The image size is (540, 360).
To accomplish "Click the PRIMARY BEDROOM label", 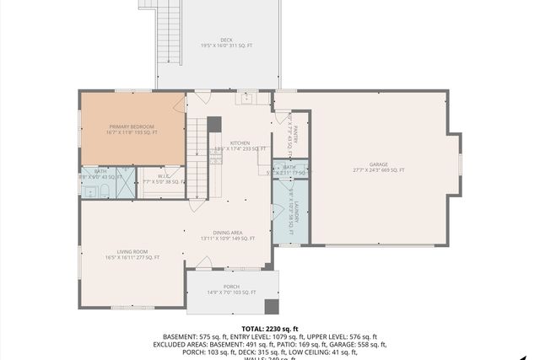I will pyautogui.click(x=131, y=126).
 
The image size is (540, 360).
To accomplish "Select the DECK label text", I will pyautogui.click(x=226, y=40).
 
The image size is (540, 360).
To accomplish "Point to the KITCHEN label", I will pyautogui.click(x=240, y=143).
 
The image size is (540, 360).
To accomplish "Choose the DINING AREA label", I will pyautogui.click(x=228, y=233).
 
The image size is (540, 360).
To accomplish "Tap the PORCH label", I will pyautogui.click(x=231, y=287).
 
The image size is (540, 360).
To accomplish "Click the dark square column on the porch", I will pyautogui.click(x=271, y=307).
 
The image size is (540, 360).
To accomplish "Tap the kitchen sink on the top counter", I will pyautogui.click(x=247, y=99).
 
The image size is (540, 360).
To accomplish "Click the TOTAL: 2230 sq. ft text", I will pyautogui.click(x=270, y=329).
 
